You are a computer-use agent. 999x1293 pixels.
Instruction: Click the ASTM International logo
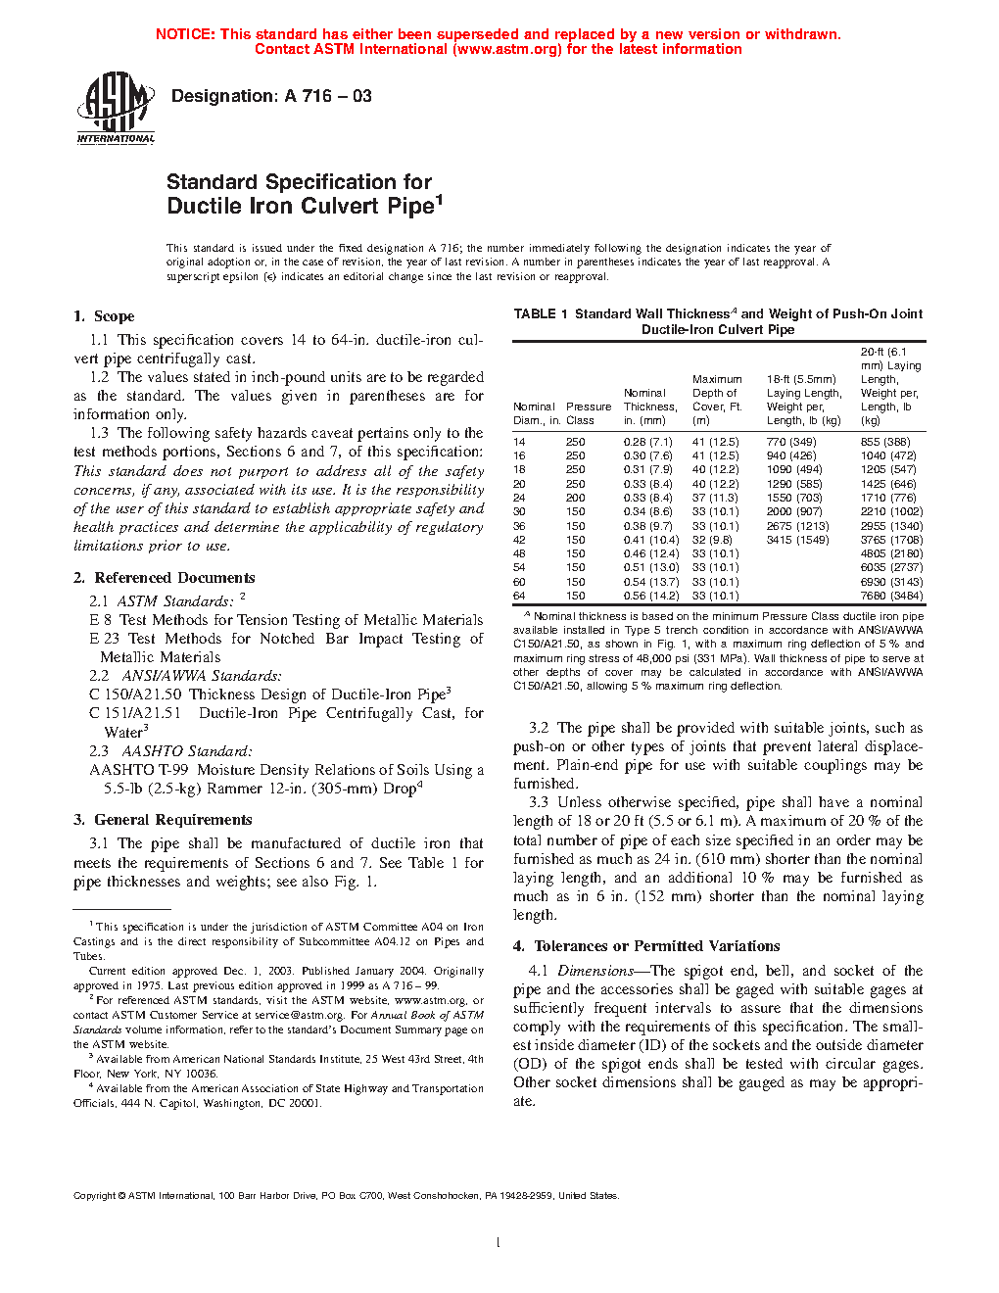116,108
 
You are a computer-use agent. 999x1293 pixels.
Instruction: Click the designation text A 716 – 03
271,96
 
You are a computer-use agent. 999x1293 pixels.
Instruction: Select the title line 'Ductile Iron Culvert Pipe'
301,206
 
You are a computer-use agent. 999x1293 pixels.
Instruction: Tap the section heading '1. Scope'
104,316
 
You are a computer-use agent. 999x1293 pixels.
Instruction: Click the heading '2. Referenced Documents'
165,578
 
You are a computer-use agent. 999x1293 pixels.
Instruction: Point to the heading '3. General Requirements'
163,820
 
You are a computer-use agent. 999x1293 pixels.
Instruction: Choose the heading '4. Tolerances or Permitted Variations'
646,946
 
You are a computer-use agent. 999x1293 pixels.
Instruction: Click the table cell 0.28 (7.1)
647,442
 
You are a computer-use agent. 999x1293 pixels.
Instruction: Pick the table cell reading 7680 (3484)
891,596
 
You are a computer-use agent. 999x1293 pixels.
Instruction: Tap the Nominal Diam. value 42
519,540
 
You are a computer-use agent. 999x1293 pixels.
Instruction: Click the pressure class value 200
575,498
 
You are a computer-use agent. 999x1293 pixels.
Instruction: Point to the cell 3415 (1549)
797,540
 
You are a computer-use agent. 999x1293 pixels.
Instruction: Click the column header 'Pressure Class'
588,413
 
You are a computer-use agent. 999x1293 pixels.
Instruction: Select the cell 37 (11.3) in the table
715,498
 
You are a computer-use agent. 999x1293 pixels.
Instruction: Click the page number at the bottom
499,1243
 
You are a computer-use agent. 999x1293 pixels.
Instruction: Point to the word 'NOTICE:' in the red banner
185,34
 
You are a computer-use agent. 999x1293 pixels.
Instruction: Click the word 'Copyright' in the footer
95,1196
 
